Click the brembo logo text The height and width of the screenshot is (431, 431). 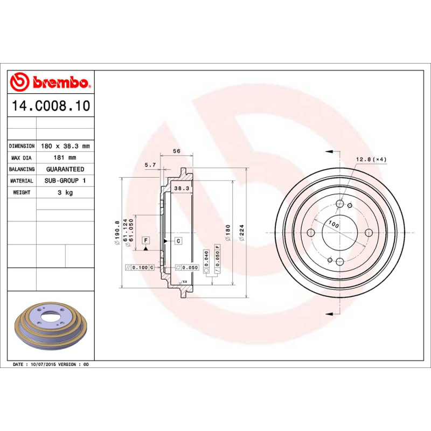tap(60, 83)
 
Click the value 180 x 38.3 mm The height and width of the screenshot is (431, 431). tap(65, 146)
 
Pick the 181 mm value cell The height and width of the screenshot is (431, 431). tap(65, 158)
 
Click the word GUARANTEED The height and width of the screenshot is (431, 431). tap(65, 169)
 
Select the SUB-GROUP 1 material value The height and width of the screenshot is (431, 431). tap(65, 181)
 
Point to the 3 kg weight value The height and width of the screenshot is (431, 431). tap(65, 192)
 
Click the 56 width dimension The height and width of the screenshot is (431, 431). tap(176, 151)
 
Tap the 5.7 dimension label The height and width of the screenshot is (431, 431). tap(150, 165)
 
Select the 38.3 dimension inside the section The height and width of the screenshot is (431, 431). tap(181, 188)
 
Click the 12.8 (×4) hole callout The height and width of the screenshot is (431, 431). tap(371, 159)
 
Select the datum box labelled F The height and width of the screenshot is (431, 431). tap(145, 240)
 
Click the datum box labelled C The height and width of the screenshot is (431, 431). tap(177, 240)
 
